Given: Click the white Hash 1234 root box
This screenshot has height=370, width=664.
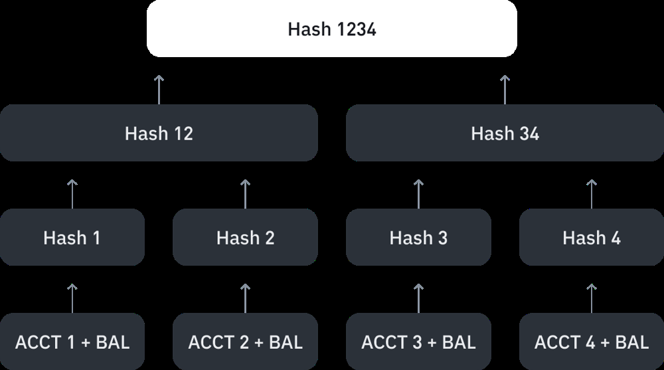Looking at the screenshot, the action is click(x=331, y=29).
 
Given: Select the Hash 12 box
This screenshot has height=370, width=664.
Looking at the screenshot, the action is click(x=159, y=133).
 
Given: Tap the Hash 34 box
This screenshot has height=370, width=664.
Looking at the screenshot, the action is click(x=505, y=133).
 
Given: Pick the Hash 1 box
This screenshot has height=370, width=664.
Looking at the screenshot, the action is click(x=72, y=237).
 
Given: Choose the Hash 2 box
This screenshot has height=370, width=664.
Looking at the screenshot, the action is click(x=245, y=237).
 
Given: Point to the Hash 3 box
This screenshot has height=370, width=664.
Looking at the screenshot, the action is click(x=418, y=237).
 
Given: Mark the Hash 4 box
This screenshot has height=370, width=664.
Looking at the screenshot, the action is click(x=592, y=237).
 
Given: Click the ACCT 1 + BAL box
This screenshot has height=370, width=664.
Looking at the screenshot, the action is click(x=72, y=341).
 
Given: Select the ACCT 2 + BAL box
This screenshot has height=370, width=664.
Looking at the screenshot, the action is click(x=245, y=341).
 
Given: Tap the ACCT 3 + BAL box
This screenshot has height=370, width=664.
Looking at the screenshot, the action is click(x=418, y=341).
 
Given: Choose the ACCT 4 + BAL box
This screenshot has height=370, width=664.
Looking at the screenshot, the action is click(x=592, y=341).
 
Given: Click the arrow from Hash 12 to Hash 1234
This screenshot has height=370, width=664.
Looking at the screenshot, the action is click(x=159, y=90).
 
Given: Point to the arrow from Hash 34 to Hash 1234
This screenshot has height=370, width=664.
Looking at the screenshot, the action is click(x=505, y=90).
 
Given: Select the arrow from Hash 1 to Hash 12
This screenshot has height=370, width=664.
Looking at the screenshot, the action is click(x=72, y=194).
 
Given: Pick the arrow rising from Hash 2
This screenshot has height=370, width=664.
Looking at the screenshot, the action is click(x=245, y=194).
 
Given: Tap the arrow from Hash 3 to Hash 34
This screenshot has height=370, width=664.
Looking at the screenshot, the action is click(x=418, y=194).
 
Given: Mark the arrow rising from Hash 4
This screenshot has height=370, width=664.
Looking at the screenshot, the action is click(x=592, y=194).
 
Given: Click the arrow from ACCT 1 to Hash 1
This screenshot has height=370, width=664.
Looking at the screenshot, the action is click(x=72, y=298).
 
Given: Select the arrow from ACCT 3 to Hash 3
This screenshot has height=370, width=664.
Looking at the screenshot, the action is click(x=418, y=298).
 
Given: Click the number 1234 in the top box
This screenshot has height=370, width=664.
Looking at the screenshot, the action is click(x=357, y=29).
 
